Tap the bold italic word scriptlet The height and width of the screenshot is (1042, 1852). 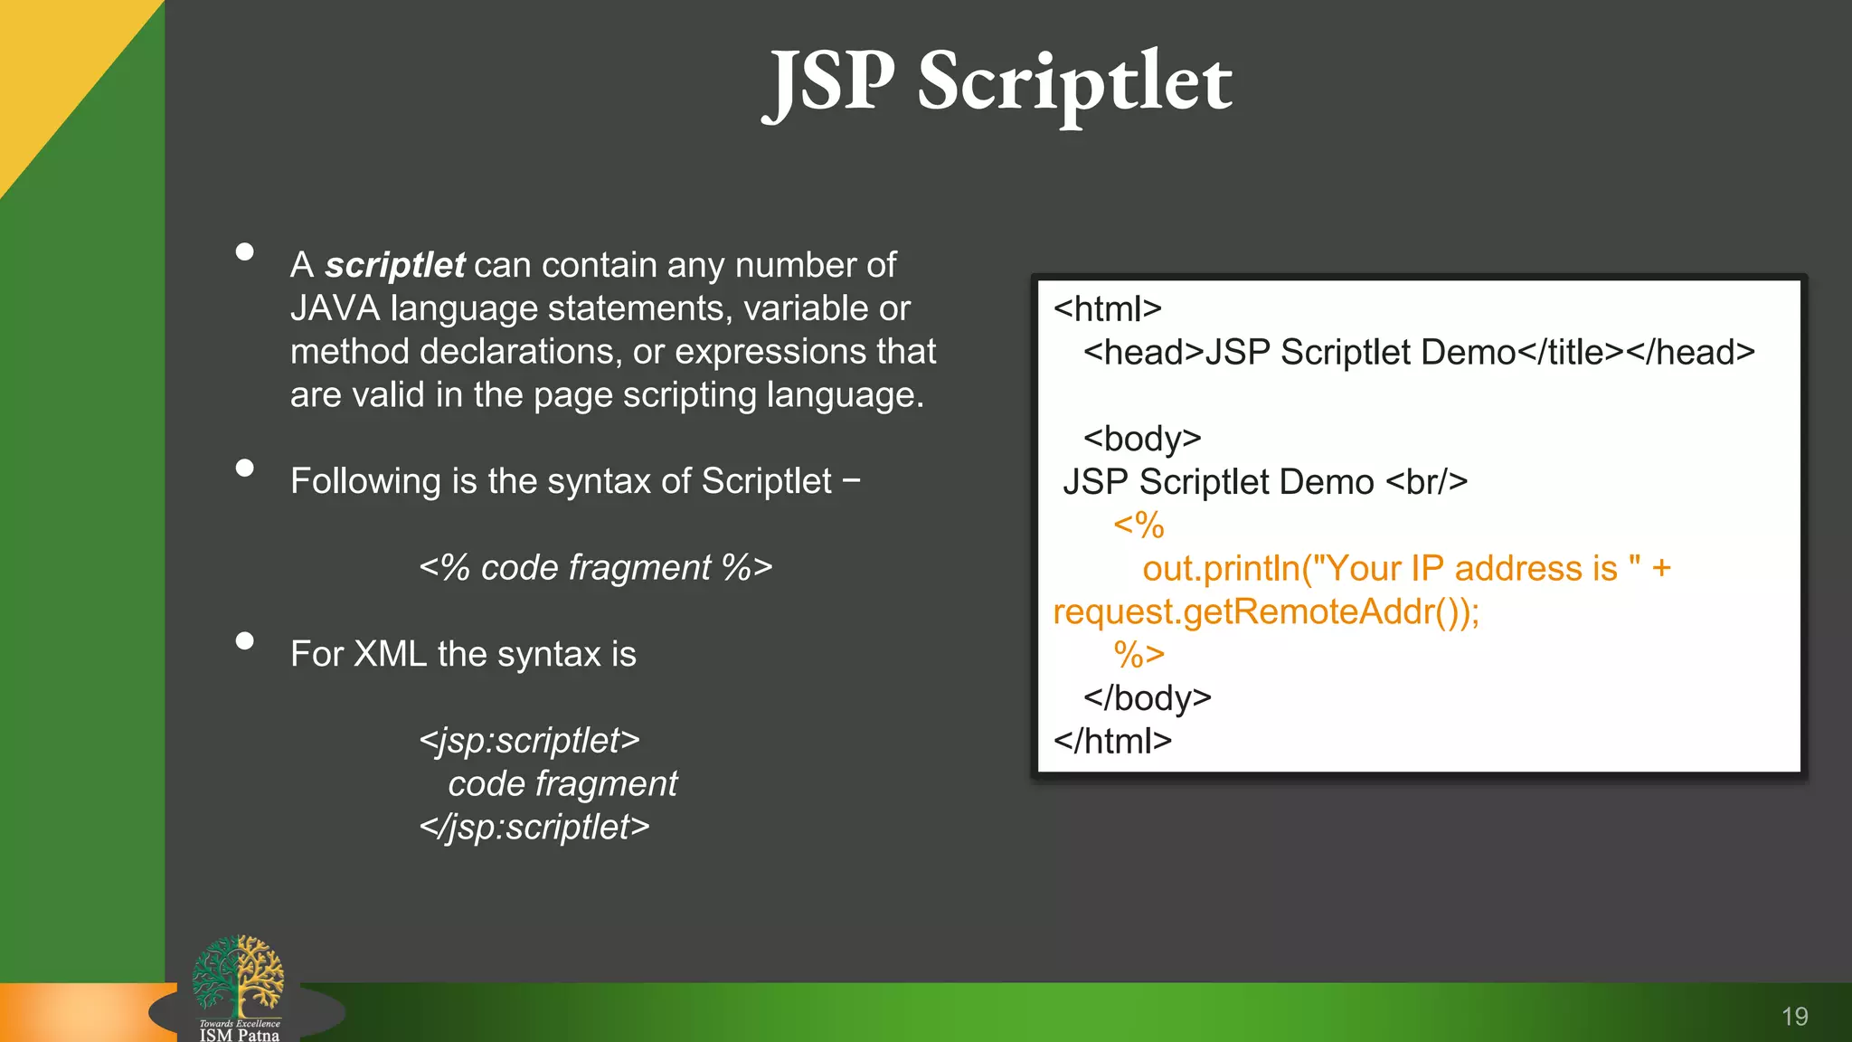(395, 265)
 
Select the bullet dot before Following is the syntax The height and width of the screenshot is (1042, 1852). (244, 468)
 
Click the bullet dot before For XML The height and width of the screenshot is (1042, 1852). (244, 640)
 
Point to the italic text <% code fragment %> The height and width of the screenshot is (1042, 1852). (595, 568)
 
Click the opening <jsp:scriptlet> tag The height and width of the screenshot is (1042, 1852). (529, 741)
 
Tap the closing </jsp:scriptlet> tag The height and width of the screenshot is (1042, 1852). (534, 827)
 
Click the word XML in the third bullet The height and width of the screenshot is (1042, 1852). (390, 654)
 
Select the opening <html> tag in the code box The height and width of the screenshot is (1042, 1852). (1107, 309)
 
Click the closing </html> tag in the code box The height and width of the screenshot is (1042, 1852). (1112, 742)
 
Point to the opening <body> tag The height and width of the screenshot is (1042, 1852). (1142, 439)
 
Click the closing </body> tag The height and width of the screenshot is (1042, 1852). (1147, 698)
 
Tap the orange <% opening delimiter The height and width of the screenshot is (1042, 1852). (1139, 526)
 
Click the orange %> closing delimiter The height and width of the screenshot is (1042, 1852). (1139, 655)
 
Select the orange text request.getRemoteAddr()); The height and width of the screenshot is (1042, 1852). (1266, 612)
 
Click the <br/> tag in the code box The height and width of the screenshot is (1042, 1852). (1426, 482)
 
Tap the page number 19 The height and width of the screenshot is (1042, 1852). (1794, 1017)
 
